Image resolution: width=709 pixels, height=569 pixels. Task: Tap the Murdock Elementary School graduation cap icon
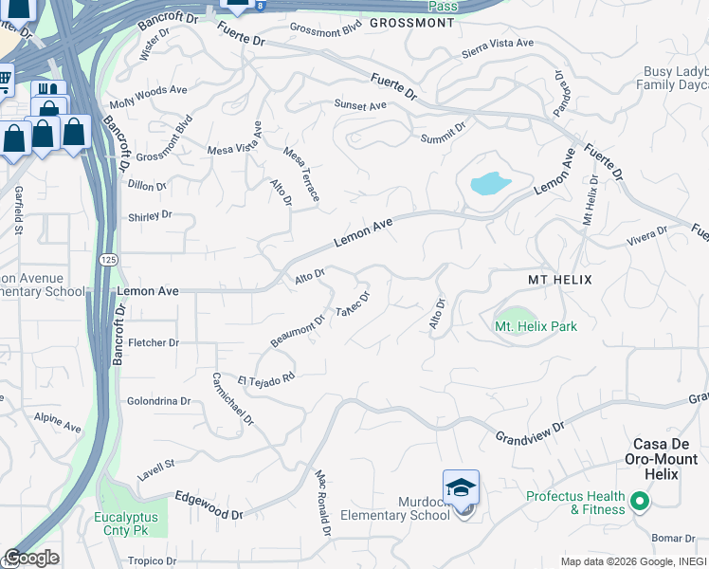[461, 488]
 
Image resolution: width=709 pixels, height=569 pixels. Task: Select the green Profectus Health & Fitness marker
[639, 501]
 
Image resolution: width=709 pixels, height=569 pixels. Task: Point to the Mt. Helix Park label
[536, 326]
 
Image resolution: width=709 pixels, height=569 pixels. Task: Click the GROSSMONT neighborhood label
[411, 23]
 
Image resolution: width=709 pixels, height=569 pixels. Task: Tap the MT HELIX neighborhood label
[559, 281]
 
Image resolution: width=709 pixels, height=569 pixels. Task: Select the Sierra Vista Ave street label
[498, 46]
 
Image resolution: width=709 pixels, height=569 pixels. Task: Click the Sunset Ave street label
[360, 105]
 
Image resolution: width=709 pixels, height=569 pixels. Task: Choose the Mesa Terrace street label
[301, 174]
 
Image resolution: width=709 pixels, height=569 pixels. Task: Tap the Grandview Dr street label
[530, 431]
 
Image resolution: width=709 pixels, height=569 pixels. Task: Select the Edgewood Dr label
[209, 505]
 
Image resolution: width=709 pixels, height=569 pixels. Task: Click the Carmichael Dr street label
[232, 405]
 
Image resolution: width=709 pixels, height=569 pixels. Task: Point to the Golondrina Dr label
[158, 401]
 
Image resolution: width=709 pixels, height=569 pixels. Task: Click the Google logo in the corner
[30, 558]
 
